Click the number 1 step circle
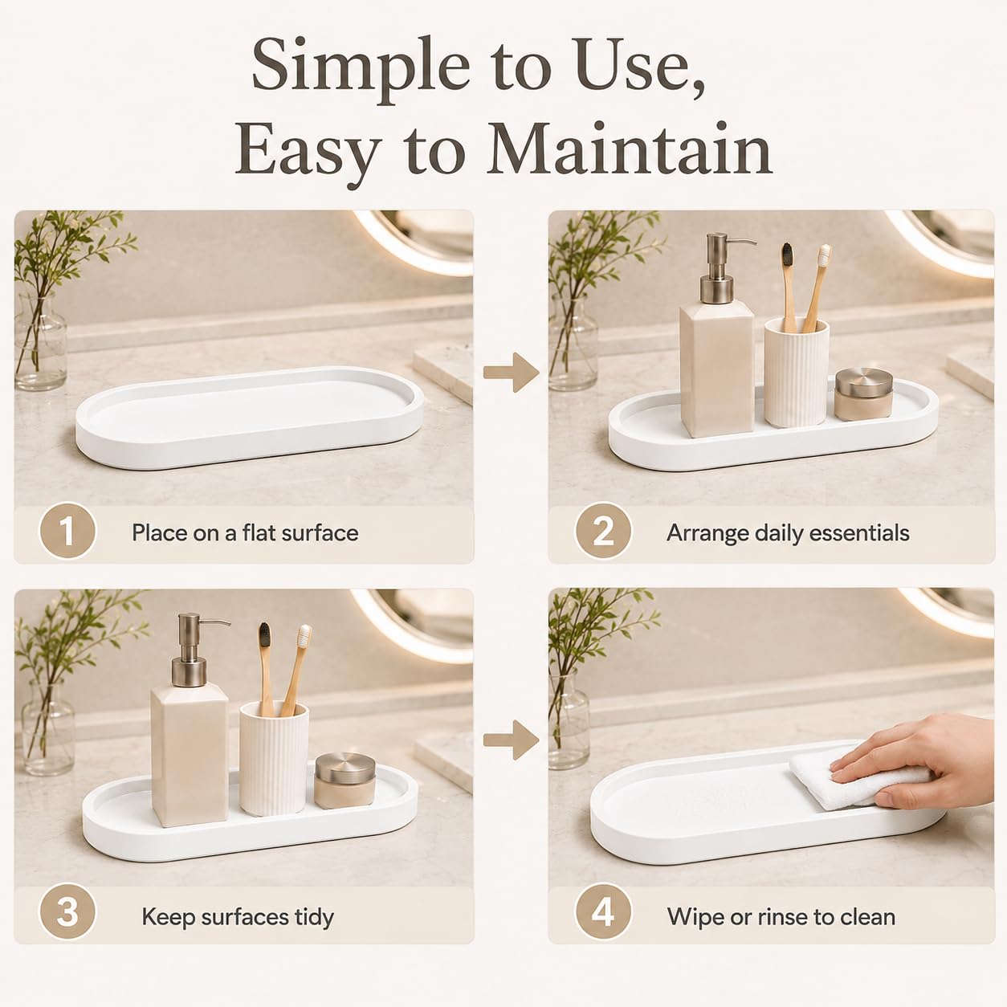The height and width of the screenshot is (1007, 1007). click(67, 532)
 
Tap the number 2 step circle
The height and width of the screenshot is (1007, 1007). click(603, 532)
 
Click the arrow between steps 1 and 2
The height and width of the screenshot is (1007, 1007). click(511, 372)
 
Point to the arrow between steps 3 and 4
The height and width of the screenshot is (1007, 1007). click(511, 740)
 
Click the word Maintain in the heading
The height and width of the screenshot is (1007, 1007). click(630, 149)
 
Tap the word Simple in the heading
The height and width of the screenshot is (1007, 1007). click(361, 70)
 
